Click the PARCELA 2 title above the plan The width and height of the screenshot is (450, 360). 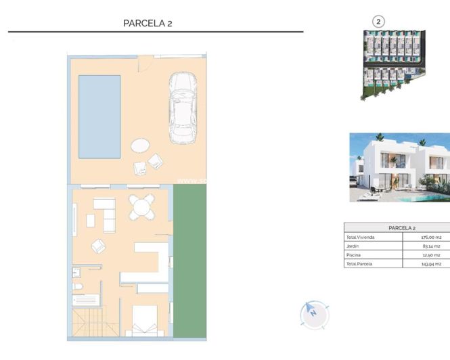[x=148, y=23]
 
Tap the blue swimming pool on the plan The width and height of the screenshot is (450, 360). [x=99, y=116]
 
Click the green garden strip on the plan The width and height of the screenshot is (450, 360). [x=189, y=261]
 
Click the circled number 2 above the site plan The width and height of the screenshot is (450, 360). [x=378, y=22]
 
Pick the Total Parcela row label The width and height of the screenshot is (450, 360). [x=359, y=264]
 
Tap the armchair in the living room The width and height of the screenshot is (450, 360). [x=99, y=246]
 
